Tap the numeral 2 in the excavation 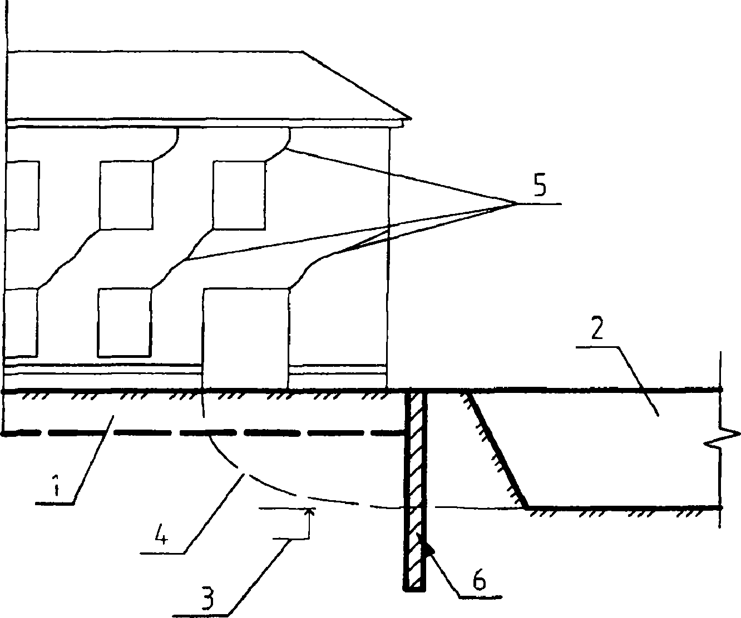pos(596,330)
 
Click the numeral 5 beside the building pos(539,188)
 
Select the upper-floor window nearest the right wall pos(239,195)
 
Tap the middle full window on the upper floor pos(126,195)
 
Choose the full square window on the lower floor pos(125,322)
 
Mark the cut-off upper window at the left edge pos(22,195)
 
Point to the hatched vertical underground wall pos(414,489)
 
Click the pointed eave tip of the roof pos(408,118)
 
